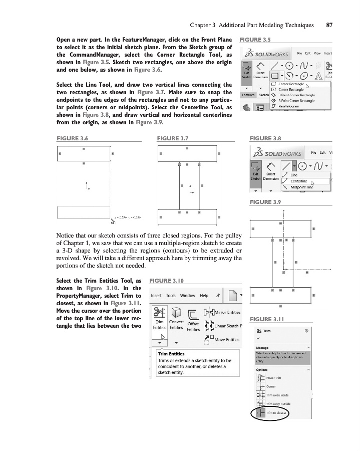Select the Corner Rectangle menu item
tap(291, 84)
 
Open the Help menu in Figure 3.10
tap(204, 295)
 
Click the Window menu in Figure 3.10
tap(188, 295)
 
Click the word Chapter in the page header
tap(201, 25)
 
